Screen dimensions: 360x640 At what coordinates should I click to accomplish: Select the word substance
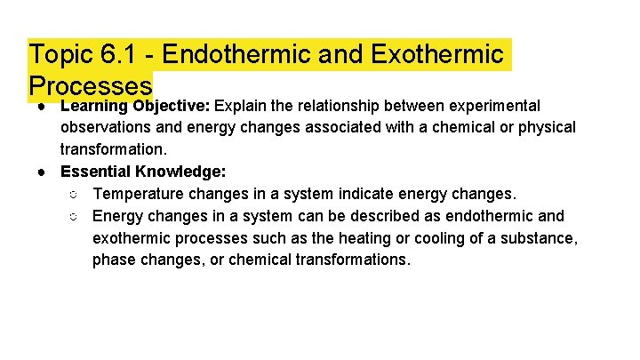(x=540, y=238)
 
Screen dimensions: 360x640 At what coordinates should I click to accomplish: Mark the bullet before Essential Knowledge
(x=42, y=172)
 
